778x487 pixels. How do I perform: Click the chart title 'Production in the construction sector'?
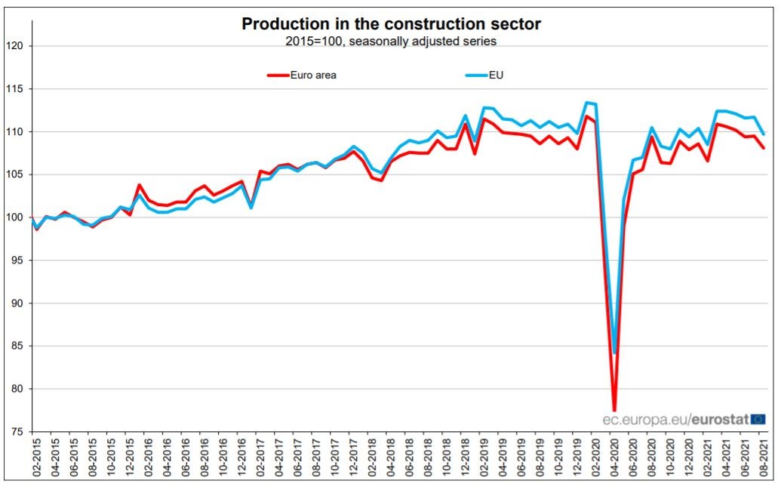click(x=391, y=24)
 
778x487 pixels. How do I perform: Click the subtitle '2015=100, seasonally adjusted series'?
click(x=391, y=42)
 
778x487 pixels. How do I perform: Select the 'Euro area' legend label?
click(x=313, y=75)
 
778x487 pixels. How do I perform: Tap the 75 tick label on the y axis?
click(x=17, y=432)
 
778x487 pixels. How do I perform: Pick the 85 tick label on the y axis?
click(x=17, y=346)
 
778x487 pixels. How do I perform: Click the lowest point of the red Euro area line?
click(x=614, y=410)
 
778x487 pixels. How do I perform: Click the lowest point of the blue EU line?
click(x=614, y=353)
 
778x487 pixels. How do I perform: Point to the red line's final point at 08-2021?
click(x=764, y=148)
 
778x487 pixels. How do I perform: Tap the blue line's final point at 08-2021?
click(x=764, y=134)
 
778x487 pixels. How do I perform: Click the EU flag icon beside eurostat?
click(x=759, y=418)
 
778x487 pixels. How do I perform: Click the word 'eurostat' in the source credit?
click(x=721, y=418)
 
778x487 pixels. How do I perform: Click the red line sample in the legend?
click(x=277, y=75)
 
